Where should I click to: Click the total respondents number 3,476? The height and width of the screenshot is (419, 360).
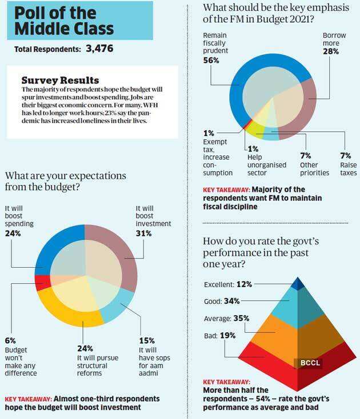[99, 49]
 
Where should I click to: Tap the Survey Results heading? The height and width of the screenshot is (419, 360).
[60, 80]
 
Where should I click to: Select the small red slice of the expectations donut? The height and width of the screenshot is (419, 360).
[40, 283]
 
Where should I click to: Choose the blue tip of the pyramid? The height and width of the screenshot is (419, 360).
[297, 283]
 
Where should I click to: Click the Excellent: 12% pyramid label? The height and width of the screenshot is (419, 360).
[228, 284]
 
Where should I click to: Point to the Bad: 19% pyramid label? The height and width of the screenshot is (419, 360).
[219, 336]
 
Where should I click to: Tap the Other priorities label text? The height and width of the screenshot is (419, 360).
[314, 168]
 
